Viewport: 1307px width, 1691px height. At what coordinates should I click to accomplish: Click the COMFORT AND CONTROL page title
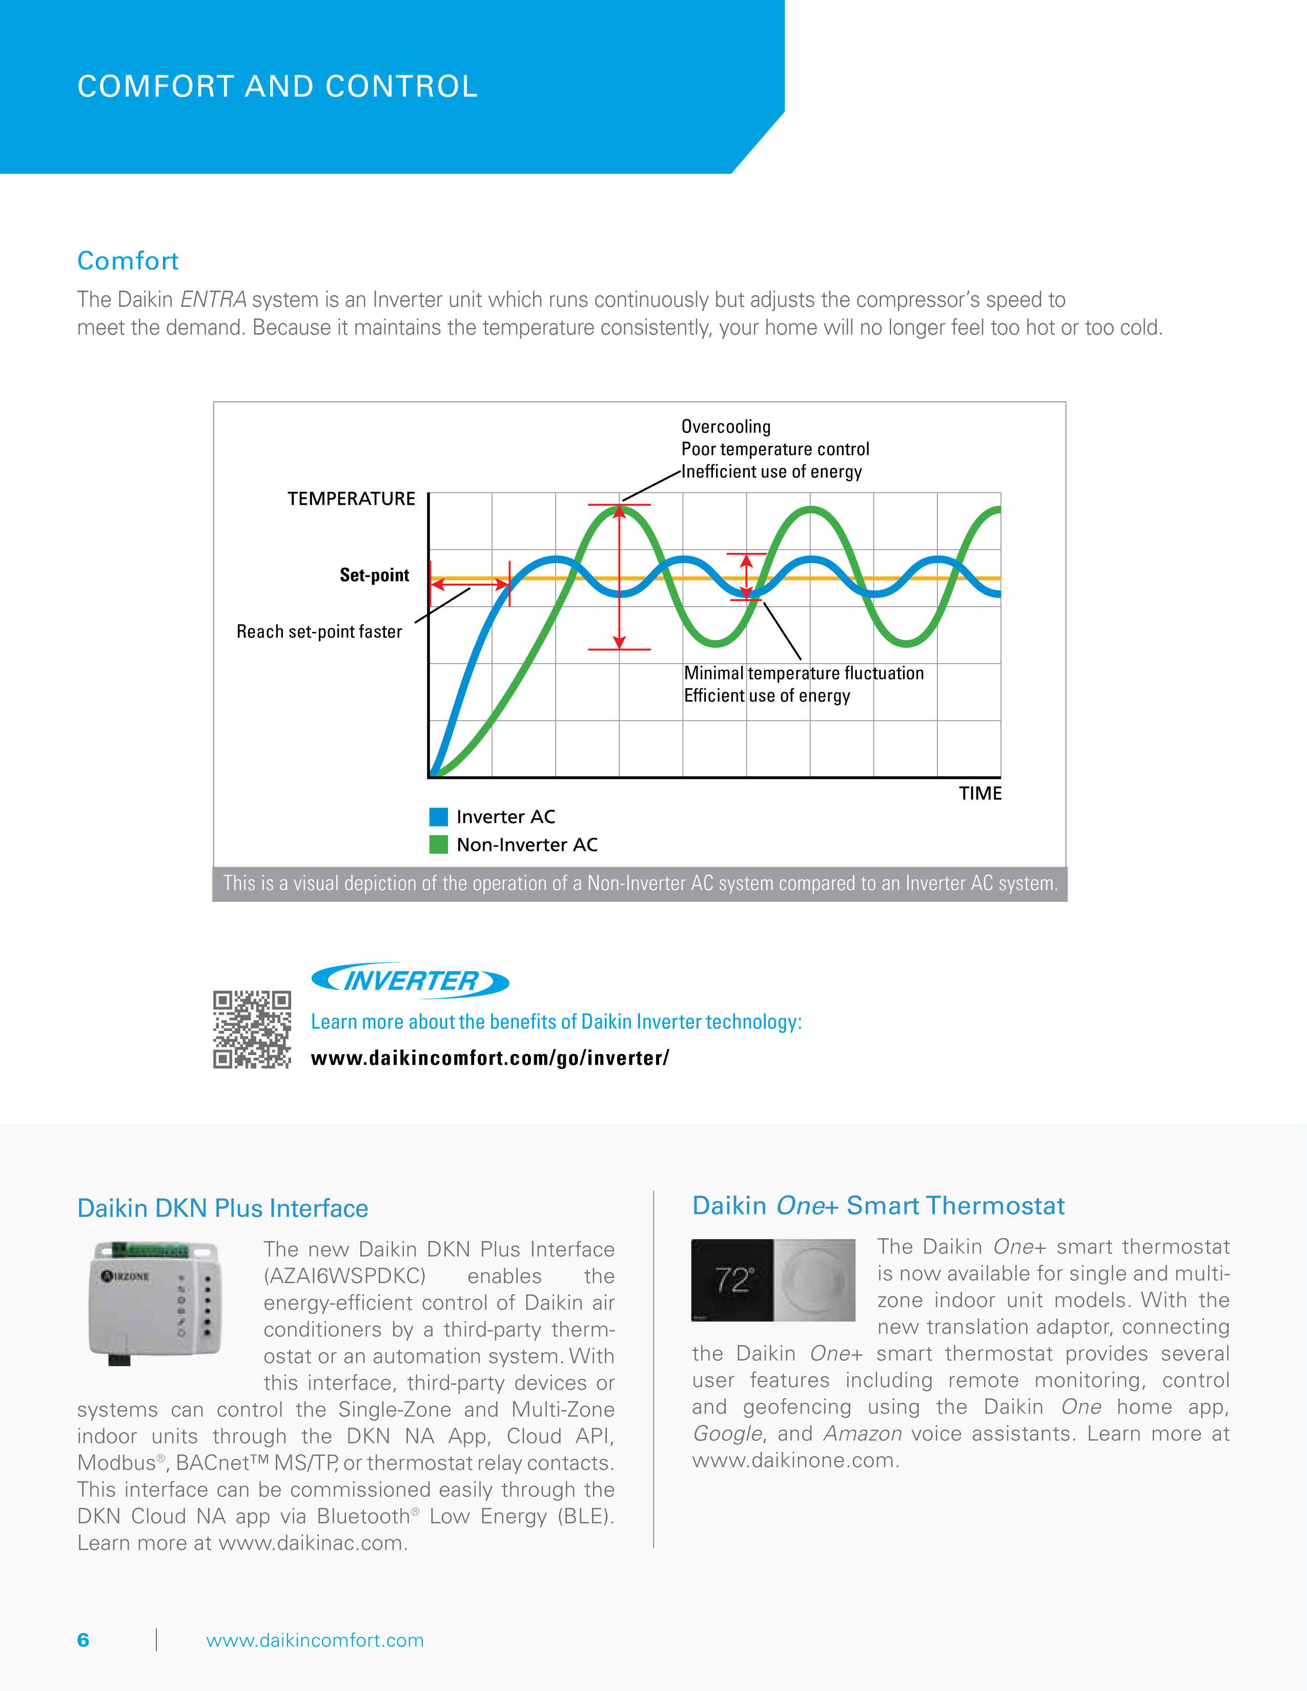(x=277, y=87)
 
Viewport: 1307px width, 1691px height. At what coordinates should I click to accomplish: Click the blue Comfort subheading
(x=128, y=261)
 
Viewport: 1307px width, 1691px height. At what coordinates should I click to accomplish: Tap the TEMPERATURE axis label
(x=352, y=499)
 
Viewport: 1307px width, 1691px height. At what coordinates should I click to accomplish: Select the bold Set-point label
(x=374, y=574)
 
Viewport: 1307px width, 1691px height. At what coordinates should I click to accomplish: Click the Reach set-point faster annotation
(x=319, y=632)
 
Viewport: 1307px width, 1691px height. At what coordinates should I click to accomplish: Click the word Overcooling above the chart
(x=725, y=427)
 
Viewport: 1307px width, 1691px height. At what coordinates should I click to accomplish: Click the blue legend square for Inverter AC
(x=438, y=817)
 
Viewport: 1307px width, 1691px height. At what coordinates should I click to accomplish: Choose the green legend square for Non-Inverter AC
(x=438, y=844)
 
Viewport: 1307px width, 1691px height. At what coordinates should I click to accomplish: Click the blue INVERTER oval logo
(x=410, y=981)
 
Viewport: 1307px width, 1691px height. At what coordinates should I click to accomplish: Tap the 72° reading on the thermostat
(x=732, y=1280)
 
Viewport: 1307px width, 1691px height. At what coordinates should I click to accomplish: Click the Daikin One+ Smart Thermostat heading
(x=878, y=1206)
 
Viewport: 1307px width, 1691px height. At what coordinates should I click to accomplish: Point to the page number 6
(x=83, y=1640)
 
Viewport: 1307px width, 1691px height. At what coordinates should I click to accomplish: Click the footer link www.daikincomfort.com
(x=314, y=1640)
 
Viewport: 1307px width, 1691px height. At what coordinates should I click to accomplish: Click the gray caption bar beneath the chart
(x=640, y=883)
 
